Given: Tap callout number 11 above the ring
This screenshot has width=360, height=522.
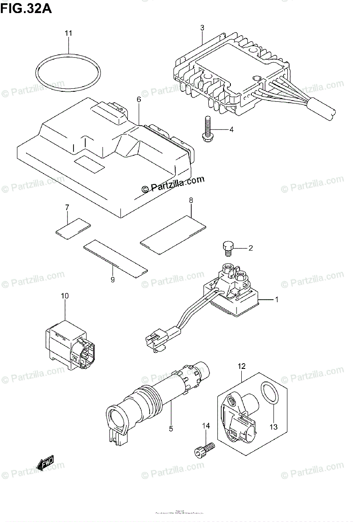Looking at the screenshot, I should (x=69, y=33).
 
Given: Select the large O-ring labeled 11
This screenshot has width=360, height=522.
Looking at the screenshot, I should (x=69, y=72).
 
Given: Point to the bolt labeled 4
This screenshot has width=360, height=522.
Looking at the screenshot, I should (x=207, y=129).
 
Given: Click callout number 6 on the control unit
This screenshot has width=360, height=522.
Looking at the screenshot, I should (x=139, y=100).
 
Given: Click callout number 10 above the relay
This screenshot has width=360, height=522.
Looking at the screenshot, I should (x=65, y=296).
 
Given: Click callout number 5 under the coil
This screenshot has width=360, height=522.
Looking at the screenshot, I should (x=171, y=429).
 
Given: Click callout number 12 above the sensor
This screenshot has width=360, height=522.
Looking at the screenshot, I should (x=242, y=366).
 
